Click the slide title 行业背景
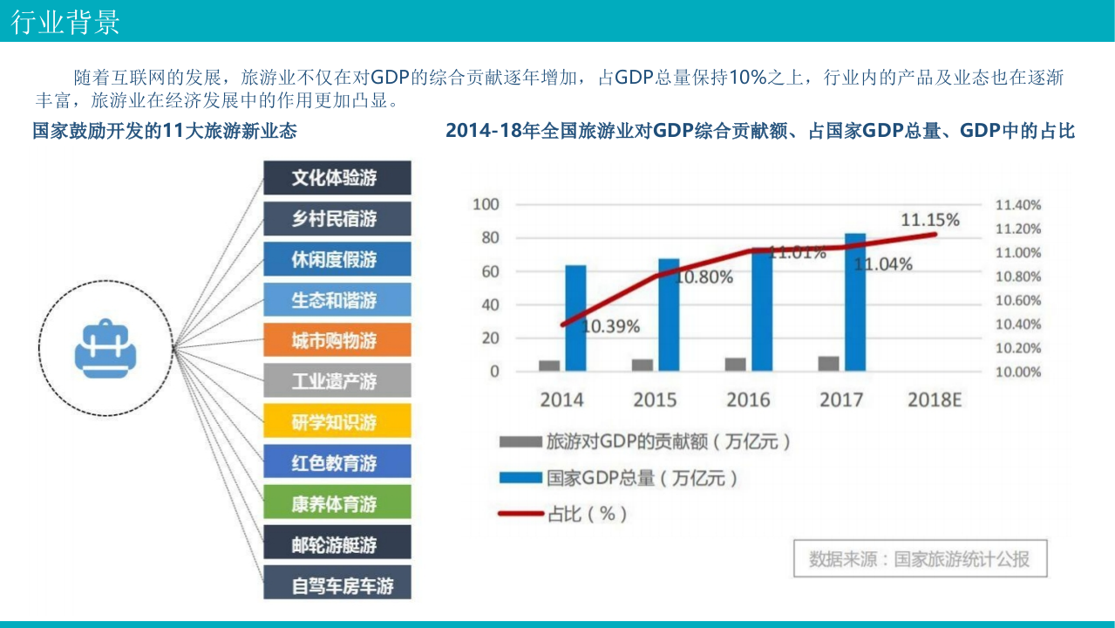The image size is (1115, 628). [66, 22]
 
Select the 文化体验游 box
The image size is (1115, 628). [337, 178]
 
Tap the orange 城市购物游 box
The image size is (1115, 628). [337, 340]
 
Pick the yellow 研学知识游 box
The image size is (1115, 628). [337, 422]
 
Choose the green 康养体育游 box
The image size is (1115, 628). [337, 504]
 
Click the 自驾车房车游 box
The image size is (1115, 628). [337, 585]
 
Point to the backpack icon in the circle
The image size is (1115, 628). [105, 348]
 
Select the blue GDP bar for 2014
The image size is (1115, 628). [575, 318]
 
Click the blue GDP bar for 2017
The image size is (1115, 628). [855, 303]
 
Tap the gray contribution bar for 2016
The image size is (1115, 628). [736, 365]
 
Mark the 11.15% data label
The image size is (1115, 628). [929, 220]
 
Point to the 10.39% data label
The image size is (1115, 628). [611, 327]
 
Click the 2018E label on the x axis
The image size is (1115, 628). [935, 400]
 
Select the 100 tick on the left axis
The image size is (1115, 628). [486, 204]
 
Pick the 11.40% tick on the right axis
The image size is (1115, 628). [1017, 205]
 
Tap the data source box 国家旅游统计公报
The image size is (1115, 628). [919, 559]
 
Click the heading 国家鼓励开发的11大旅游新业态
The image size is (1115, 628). [164, 131]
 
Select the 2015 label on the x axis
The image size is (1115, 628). [655, 400]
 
